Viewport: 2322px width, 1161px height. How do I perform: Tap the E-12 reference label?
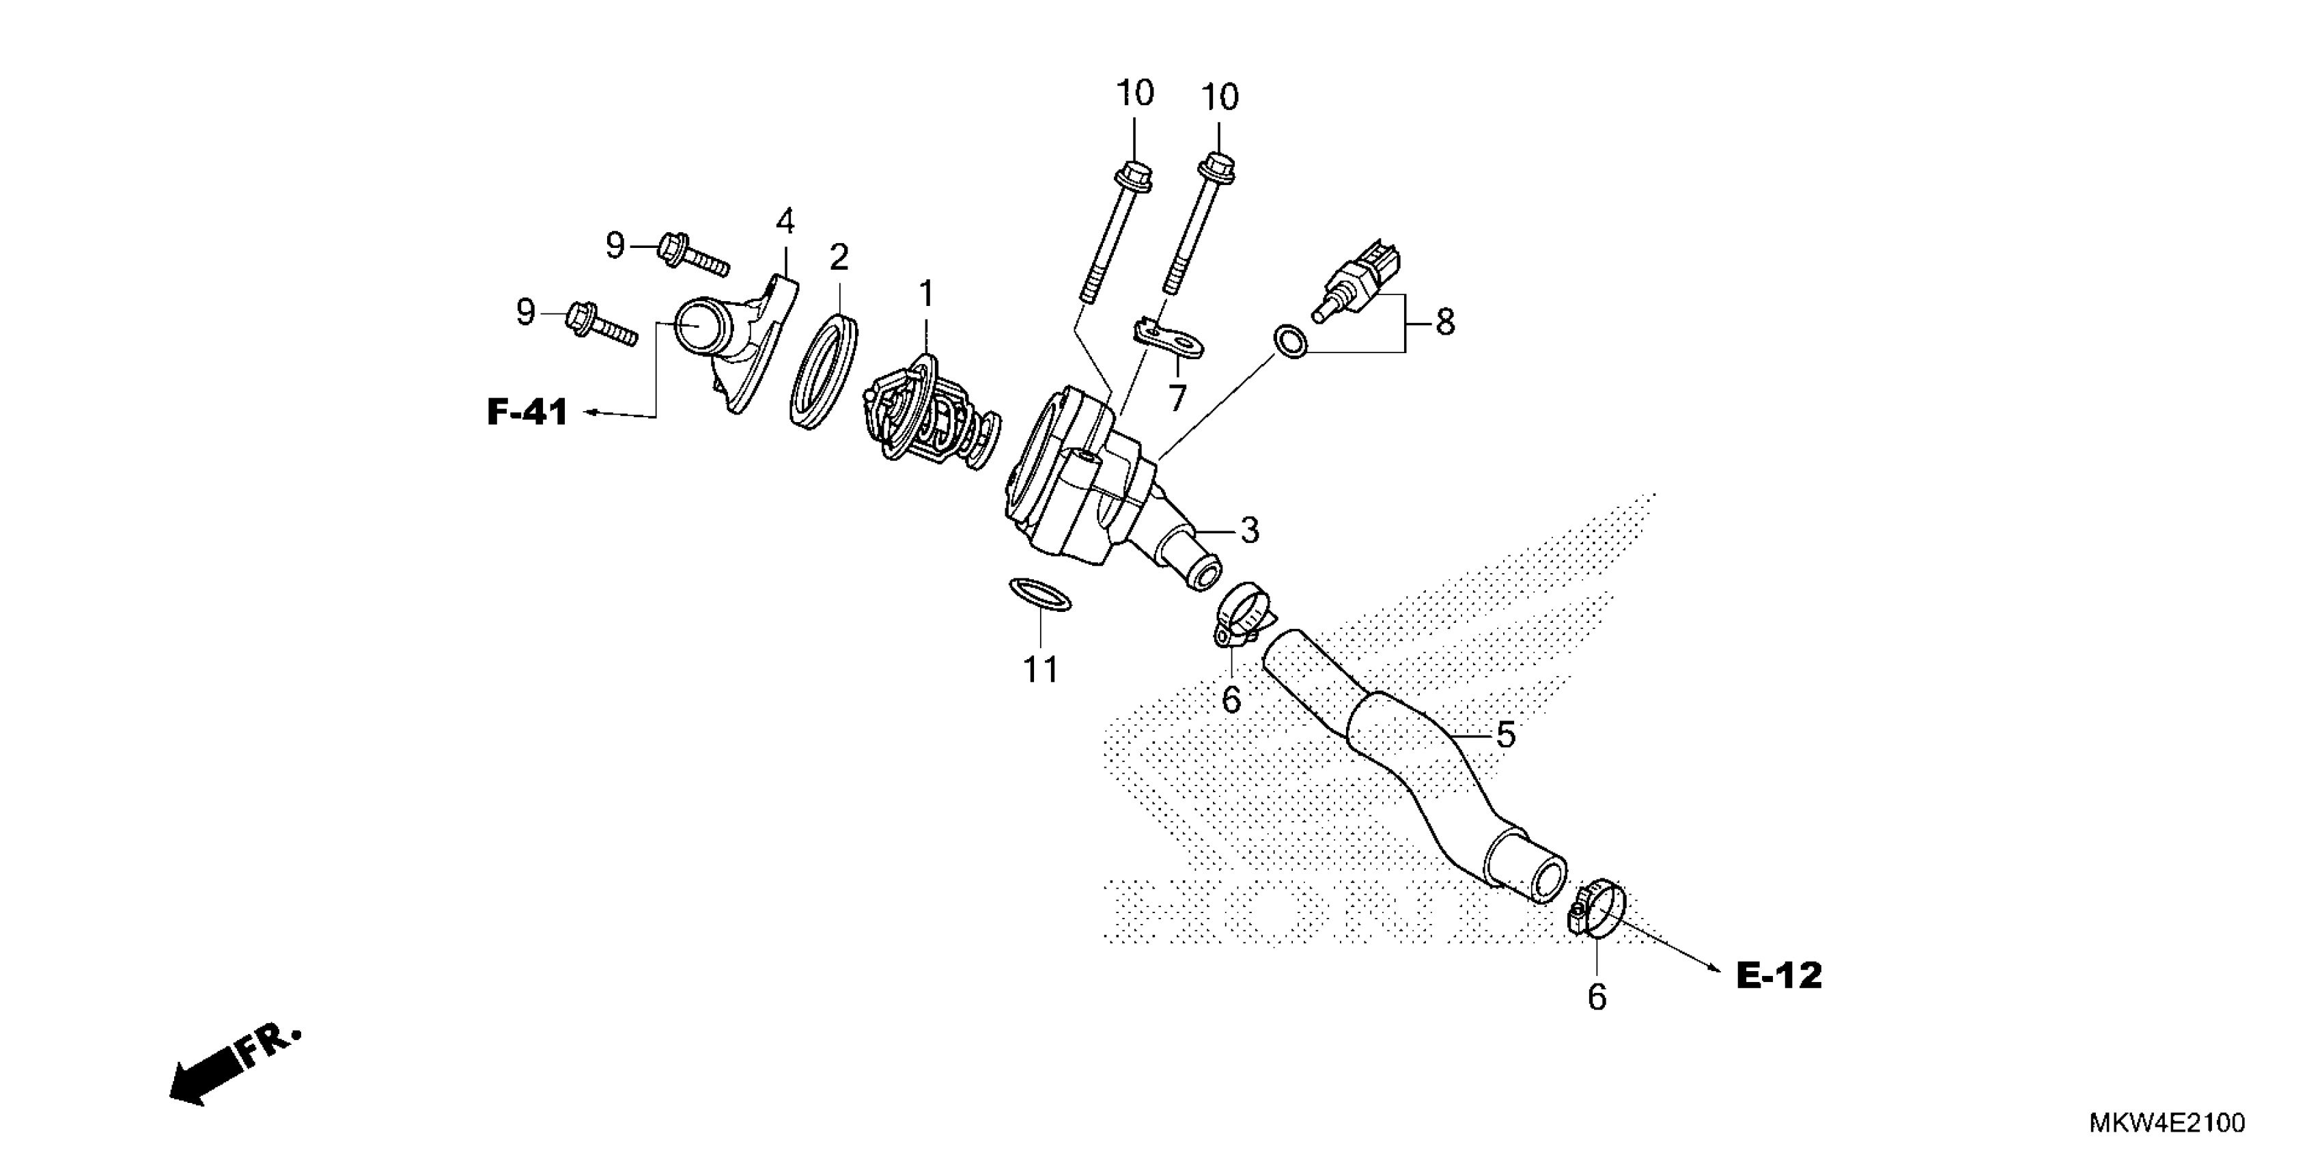point(1778,975)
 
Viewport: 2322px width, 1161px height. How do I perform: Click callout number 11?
point(1040,670)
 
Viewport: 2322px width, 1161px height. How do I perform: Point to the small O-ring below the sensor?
point(1288,343)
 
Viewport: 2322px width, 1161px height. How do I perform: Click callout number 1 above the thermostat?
point(926,294)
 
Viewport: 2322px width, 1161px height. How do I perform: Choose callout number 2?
point(838,257)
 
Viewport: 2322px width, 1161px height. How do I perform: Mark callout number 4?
point(785,221)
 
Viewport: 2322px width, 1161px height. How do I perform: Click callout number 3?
point(1248,530)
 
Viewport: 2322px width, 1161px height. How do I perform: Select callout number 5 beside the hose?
point(1505,735)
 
